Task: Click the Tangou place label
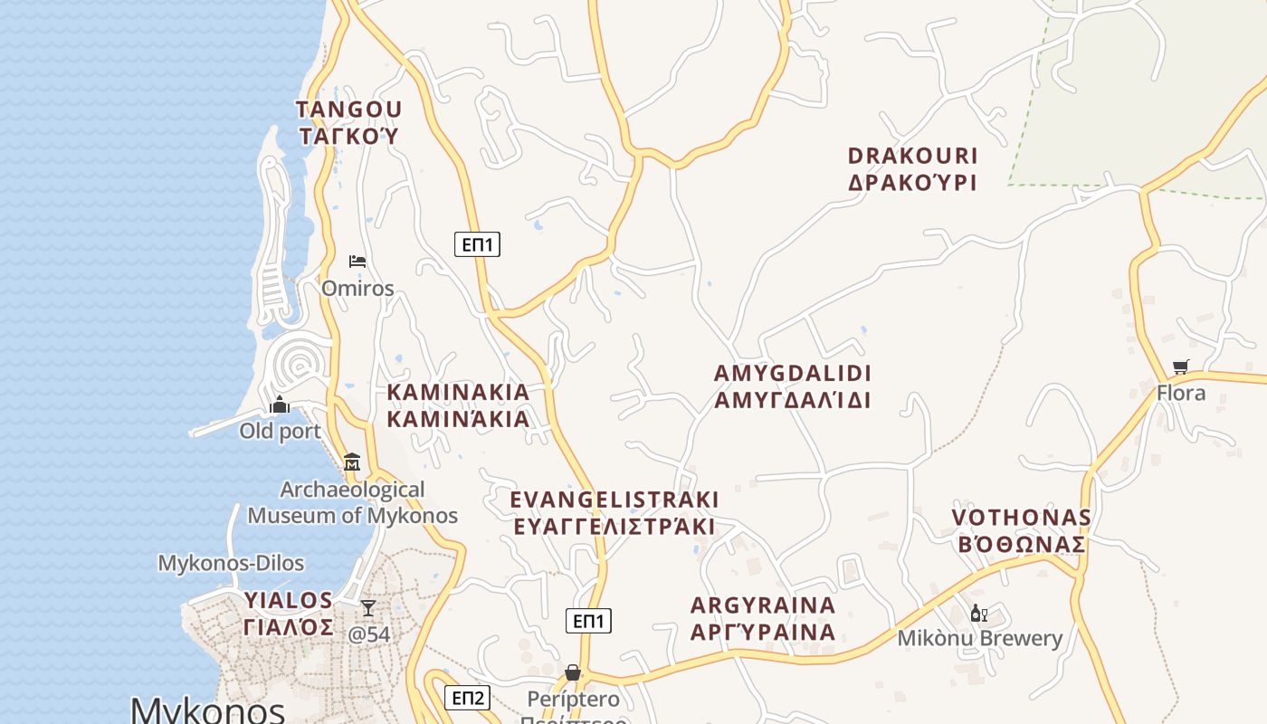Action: point(348,122)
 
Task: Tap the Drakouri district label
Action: point(912,168)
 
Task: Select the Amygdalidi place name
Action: point(792,386)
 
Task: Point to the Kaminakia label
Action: point(458,405)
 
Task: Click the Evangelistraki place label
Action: point(614,513)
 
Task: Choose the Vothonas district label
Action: point(1020,530)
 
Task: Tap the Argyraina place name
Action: point(762,618)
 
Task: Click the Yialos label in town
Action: point(289,614)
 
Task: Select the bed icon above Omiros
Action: point(357,262)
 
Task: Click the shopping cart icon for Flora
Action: point(1180,367)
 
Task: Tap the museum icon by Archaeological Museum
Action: point(352,462)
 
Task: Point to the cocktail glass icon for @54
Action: point(368,607)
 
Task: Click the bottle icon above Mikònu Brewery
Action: point(978,614)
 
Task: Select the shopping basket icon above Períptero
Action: point(572,672)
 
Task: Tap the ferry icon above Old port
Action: point(280,405)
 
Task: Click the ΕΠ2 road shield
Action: point(468,698)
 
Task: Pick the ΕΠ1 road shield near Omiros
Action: point(477,244)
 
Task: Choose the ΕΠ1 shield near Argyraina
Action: point(588,621)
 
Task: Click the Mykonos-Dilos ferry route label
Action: point(231,563)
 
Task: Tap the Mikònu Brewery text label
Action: point(979,638)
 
